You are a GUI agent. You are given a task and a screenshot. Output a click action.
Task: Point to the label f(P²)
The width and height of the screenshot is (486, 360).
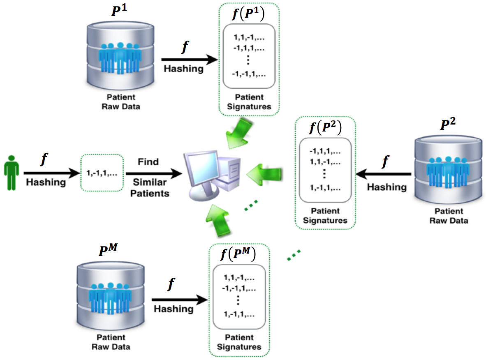(325, 128)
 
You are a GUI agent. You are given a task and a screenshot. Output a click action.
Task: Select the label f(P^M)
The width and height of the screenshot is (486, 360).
(238, 255)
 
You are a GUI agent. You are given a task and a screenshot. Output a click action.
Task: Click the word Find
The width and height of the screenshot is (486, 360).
(148, 162)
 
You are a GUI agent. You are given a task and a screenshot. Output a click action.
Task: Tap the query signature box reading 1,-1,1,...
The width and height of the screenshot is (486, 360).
(102, 173)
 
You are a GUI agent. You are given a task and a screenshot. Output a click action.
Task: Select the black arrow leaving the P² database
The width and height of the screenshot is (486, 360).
(383, 174)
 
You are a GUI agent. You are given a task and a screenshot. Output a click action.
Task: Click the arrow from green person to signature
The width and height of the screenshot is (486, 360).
(51, 173)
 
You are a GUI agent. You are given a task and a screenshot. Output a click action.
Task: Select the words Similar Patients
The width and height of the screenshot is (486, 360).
(149, 187)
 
